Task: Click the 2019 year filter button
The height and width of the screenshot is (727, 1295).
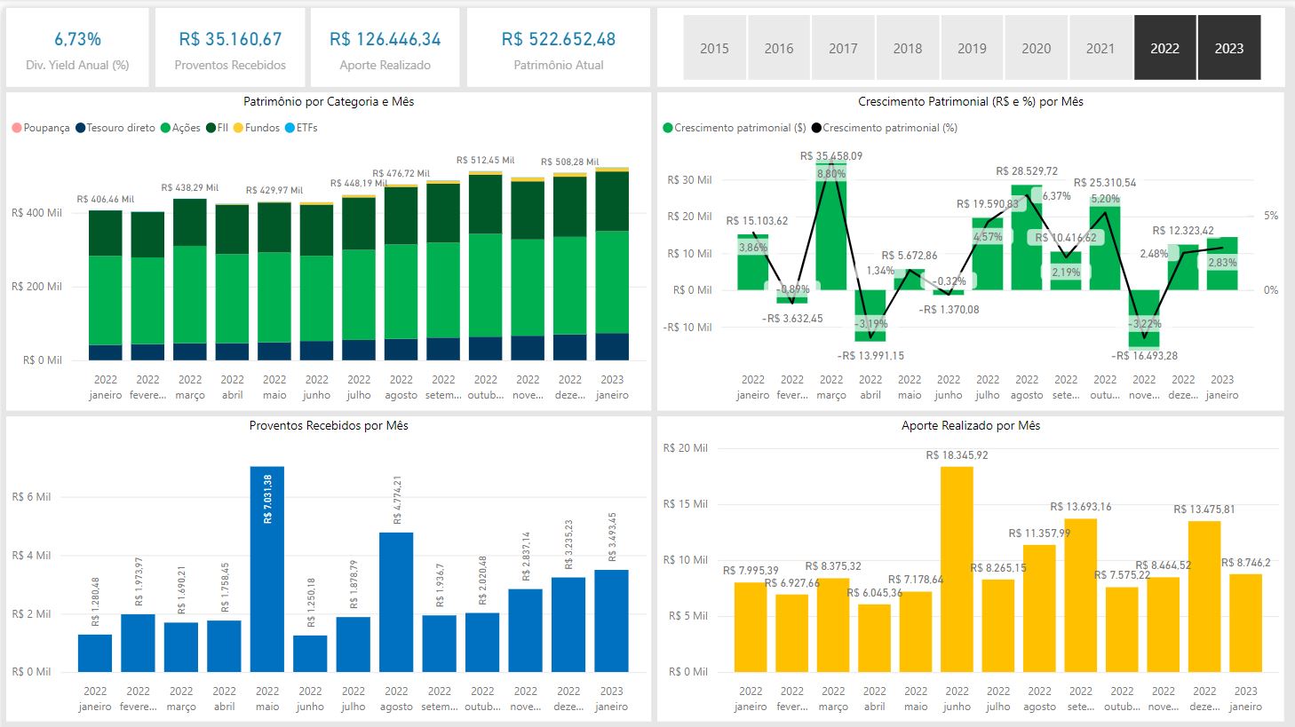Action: [972, 48]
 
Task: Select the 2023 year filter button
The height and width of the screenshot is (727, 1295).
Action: [1228, 48]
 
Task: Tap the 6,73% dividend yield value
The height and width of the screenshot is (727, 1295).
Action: [77, 39]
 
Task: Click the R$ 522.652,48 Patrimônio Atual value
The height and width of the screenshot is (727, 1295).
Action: [558, 39]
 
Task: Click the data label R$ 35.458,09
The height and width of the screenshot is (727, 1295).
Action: [830, 156]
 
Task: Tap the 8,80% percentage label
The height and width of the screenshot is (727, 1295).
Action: [830, 174]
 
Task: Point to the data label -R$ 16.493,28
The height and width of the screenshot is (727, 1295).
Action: [1144, 356]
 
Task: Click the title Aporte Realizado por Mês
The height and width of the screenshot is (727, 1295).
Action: [970, 426]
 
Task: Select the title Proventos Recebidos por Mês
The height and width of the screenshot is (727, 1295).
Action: [329, 426]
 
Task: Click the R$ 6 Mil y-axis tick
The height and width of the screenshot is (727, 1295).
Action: [31, 497]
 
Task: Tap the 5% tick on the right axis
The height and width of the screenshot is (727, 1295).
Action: [1271, 216]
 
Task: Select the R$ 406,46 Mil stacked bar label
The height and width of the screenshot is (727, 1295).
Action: [105, 200]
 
